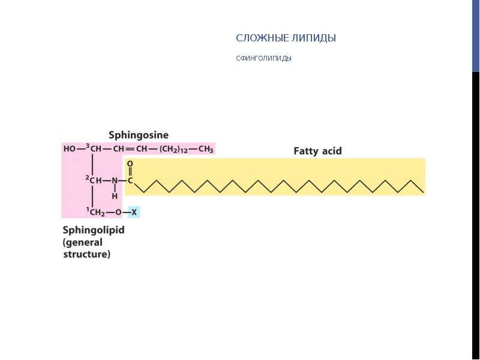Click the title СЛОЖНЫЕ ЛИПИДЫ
tap(286, 38)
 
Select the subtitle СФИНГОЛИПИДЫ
tap(263, 58)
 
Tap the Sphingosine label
tap(139, 135)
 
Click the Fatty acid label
tap(317, 151)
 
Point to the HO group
tap(70, 149)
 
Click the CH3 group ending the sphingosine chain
tap(206, 149)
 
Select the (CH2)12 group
tap(173, 149)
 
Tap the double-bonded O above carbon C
tap(130, 164)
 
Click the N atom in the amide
tap(115, 181)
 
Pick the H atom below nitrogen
tap(115, 196)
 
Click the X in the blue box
tap(134, 212)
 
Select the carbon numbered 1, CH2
tap(96, 212)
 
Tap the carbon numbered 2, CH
tap(94, 180)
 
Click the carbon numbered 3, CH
tap(94, 148)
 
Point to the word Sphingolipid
tap(94, 230)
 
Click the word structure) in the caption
tap(86, 254)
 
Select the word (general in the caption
tap(83, 242)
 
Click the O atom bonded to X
tap(118, 212)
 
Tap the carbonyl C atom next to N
tap(130, 181)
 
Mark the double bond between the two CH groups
tap(130, 149)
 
